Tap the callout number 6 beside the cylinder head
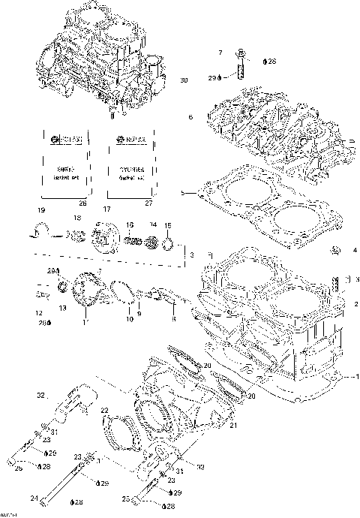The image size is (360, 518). [191, 117]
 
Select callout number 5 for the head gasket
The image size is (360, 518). [182, 194]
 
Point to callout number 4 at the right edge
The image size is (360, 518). [354, 250]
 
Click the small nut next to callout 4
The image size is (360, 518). [337, 248]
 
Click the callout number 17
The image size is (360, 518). [107, 210]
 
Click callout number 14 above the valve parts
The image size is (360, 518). [153, 224]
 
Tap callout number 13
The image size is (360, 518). [63, 308]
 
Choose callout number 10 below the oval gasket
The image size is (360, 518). [129, 320]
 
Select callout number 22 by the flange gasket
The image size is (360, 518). [105, 411]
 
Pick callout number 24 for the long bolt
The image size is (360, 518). [32, 498]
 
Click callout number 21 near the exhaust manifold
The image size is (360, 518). [234, 426]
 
